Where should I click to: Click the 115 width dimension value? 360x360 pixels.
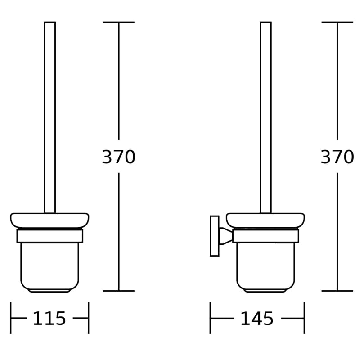[49, 318]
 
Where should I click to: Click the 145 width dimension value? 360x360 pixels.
[257, 319]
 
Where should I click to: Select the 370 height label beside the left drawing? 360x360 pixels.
[118, 157]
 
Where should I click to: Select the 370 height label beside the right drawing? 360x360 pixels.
[337, 157]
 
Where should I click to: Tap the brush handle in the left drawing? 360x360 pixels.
[50, 117]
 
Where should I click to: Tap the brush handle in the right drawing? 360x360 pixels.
[265, 117]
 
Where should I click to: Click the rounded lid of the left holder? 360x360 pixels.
[49, 220]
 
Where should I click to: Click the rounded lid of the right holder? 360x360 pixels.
[265, 220]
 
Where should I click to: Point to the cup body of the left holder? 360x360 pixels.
[49, 267]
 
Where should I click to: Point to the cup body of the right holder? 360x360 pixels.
[265, 267]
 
